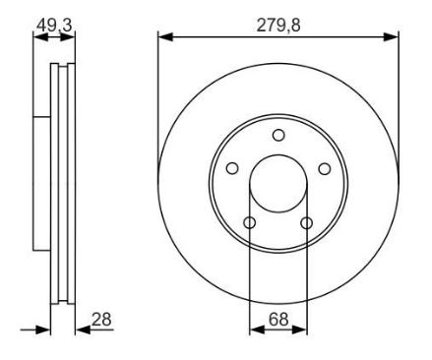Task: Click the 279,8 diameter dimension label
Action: (278, 26)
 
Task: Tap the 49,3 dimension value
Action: (54, 26)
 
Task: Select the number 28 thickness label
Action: (101, 319)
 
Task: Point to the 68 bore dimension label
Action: (278, 319)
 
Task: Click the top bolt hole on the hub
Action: (278, 135)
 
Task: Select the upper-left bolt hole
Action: (232, 168)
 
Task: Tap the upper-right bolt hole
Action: (325, 168)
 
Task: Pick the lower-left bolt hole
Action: (250, 223)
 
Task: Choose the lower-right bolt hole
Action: (307, 223)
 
